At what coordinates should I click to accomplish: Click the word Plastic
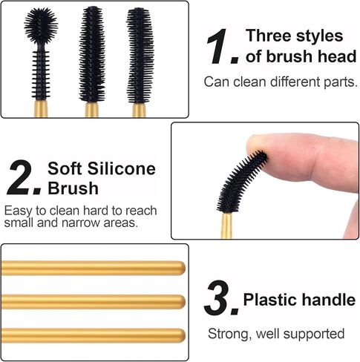coord(272,300)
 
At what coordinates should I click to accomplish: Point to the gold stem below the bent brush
coord(226,223)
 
